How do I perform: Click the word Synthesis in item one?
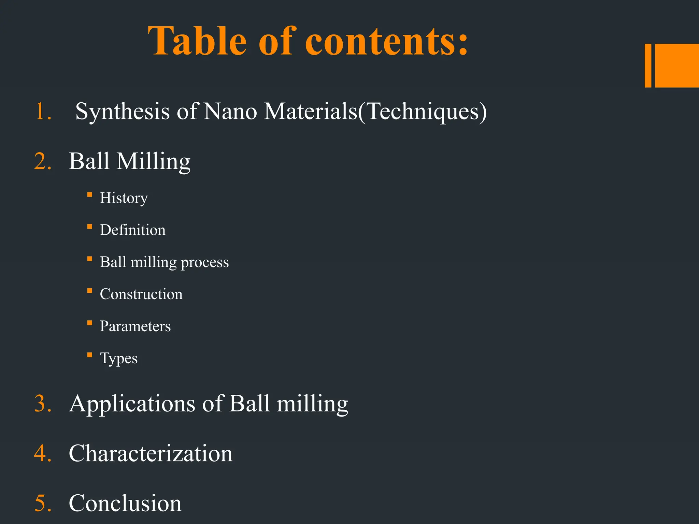(122, 112)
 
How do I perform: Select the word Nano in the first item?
(230, 112)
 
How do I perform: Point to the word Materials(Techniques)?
(375, 112)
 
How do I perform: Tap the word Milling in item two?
(153, 161)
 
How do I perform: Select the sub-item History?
(124, 198)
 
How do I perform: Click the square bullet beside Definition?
(90, 227)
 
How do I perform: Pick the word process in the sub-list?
(204, 262)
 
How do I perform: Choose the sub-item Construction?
(141, 294)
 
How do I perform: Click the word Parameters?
(135, 326)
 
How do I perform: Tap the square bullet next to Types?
(90, 355)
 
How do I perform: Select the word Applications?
(132, 404)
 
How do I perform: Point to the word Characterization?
(151, 454)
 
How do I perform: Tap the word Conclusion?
(125, 503)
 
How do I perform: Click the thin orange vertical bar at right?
(648, 65)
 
